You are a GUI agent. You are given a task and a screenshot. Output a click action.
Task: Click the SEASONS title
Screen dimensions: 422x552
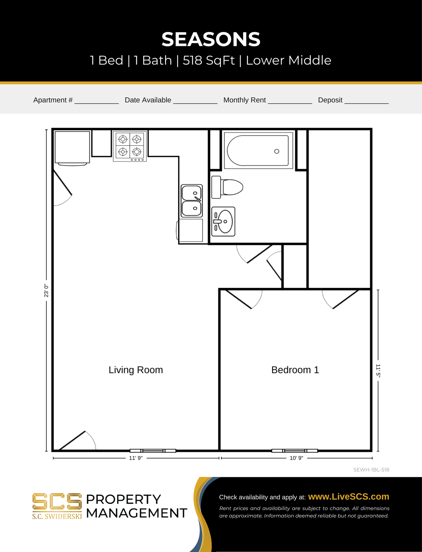[x=211, y=39]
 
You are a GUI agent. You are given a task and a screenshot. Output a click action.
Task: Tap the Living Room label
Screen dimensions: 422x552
[x=136, y=370]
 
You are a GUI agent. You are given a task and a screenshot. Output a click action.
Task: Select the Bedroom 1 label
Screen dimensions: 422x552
[x=295, y=370]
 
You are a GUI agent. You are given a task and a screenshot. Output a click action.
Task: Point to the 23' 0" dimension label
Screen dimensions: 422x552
[x=46, y=290]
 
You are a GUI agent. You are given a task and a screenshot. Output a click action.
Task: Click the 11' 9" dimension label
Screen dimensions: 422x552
[x=136, y=458]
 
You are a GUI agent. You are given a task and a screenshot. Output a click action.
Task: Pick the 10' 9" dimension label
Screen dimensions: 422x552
[x=296, y=458]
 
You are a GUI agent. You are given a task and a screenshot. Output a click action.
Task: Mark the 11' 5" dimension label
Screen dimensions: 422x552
[x=378, y=371]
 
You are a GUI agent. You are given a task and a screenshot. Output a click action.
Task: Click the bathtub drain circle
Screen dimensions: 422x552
[x=277, y=151]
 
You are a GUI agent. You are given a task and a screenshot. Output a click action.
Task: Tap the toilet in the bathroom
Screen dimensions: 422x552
[x=227, y=187]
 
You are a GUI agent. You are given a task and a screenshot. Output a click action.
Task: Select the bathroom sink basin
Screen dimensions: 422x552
[x=223, y=221]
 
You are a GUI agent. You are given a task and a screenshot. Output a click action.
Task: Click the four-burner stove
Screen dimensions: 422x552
[x=130, y=146]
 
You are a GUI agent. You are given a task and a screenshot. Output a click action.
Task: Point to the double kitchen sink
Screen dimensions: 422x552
[x=192, y=201]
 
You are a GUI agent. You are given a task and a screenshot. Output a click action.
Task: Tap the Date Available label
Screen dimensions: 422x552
[x=148, y=100]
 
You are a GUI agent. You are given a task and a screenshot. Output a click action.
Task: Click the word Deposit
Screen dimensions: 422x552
[x=330, y=100]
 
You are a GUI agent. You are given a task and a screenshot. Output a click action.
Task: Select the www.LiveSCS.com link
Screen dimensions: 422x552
[x=348, y=497]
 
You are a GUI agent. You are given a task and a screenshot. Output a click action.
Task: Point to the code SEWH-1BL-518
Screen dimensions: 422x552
[x=371, y=470]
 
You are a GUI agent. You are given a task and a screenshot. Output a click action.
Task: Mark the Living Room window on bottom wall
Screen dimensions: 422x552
[x=153, y=451]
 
